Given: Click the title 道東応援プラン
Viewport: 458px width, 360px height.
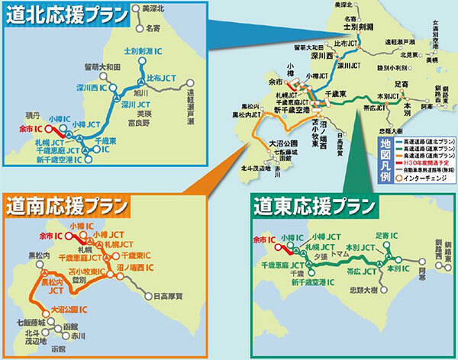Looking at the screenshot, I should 314,206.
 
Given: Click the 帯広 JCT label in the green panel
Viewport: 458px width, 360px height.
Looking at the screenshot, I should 339,271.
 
